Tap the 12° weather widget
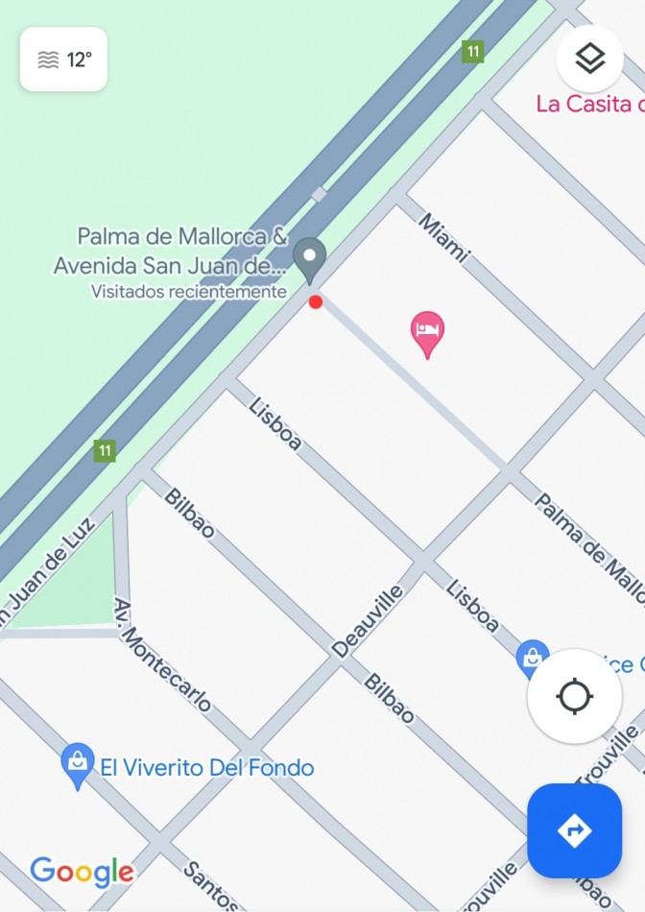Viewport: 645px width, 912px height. coord(63,60)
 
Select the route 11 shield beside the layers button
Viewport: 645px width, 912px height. coord(471,51)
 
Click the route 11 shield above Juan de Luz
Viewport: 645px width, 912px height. coord(105,449)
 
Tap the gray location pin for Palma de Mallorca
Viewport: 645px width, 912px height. coord(309,258)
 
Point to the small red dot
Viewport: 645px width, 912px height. coord(316,302)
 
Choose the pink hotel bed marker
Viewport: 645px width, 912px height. coord(427,332)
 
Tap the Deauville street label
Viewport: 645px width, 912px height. coord(369,621)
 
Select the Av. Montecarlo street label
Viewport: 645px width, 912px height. coord(162,656)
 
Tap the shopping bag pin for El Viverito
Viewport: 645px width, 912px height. coord(77,764)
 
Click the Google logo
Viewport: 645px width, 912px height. coord(82,872)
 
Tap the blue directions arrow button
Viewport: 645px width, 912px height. coord(574,830)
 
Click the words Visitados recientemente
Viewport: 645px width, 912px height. coord(189,291)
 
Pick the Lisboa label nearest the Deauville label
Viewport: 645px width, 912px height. coord(472,606)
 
